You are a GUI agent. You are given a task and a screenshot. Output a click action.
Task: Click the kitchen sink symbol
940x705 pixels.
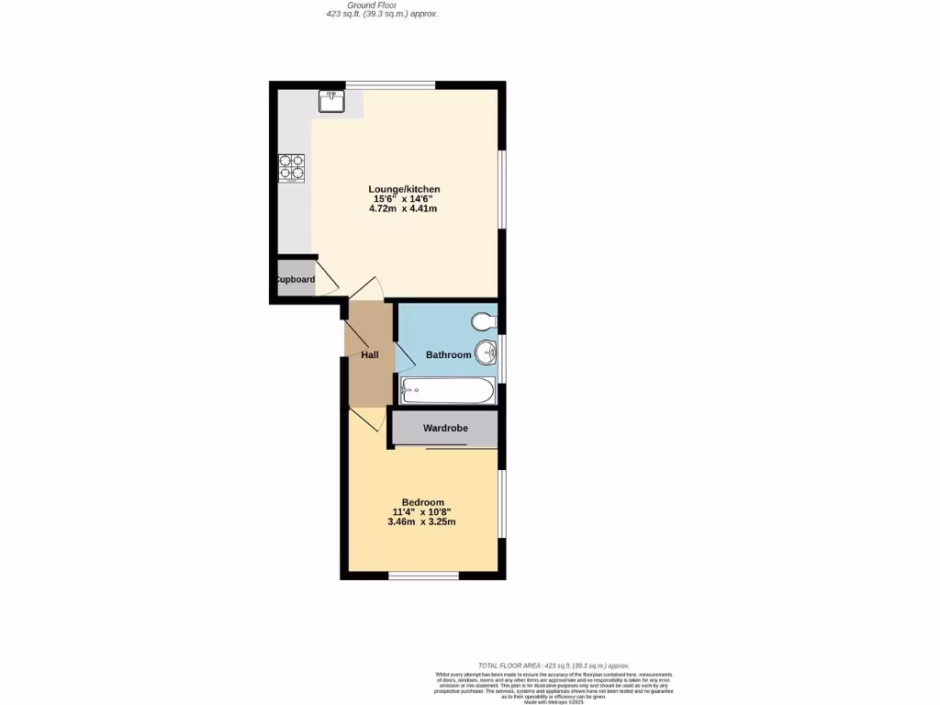(x=331, y=100)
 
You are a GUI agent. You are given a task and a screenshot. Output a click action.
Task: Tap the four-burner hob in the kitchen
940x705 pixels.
(x=292, y=167)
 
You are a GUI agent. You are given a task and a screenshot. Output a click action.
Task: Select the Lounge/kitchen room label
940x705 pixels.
(x=398, y=189)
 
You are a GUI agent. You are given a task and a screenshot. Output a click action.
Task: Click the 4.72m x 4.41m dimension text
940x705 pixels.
(x=403, y=208)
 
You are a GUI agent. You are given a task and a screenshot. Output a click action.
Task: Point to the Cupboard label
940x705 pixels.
(x=296, y=280)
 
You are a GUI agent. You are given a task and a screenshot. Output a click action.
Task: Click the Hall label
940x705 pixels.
(x=369, y=354)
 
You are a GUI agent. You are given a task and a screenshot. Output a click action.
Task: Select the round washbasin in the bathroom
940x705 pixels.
(x=486, y=352)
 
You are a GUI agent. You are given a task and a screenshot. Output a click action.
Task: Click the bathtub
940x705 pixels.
(x=447, y=391)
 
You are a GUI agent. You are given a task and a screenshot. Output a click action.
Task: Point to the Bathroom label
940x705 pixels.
(x=448, y=354)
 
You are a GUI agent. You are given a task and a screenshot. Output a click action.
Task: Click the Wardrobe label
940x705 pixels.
(x=445, y=428)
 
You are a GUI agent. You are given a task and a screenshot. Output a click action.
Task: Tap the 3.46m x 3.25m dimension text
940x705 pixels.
(x=421, y=521)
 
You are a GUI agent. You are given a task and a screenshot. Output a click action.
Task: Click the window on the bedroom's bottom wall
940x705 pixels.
(x=423, y=576)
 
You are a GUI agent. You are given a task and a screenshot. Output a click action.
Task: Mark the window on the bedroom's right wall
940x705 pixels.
(x=501, y=505)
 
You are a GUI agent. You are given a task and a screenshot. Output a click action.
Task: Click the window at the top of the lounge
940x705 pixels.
(x=390, y=84)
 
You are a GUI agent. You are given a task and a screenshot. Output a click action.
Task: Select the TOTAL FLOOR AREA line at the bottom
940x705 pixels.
(x=554, y=665)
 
